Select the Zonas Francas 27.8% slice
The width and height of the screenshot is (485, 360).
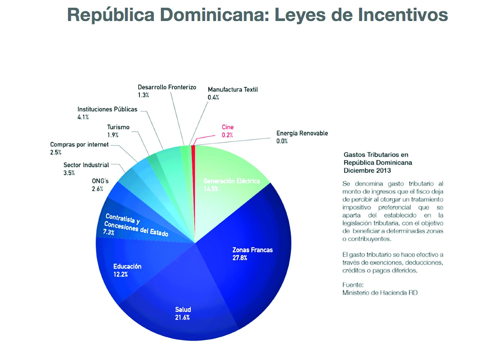click(252, 254)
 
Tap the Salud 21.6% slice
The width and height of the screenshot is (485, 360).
click(183, 313)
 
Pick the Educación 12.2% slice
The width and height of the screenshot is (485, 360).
click(127, 270)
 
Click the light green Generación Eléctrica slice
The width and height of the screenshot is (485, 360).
click(231, 185)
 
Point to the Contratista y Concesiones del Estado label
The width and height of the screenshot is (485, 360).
click(136, 225)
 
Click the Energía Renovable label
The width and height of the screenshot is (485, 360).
click(302, 133)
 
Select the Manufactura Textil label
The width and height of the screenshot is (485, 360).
click(233, 90)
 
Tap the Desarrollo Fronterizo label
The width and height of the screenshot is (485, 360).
click(167, 87)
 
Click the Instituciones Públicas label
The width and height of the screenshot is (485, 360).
click(107, 109)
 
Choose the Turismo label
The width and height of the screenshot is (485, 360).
click(118, 127)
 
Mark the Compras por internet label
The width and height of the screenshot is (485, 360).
click(79, 145)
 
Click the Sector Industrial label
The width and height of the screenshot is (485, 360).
click(86, 165)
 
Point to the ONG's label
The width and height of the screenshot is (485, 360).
click(100, 181)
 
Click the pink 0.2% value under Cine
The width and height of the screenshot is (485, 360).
click(227, 135)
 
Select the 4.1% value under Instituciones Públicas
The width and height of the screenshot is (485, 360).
click(83, 117)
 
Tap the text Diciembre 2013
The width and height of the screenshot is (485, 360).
click(367, 171)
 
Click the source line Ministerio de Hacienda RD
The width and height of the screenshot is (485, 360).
click(380, 293)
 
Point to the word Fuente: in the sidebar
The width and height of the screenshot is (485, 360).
click(353, 285)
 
